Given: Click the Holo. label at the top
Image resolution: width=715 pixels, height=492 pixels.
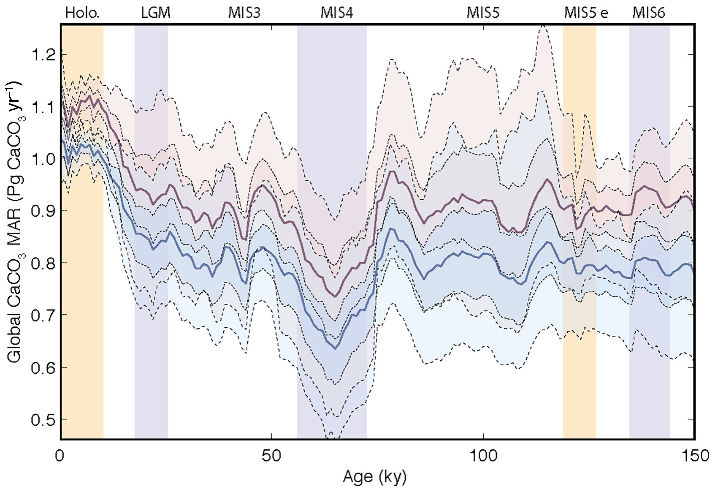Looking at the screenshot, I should pos(82,13).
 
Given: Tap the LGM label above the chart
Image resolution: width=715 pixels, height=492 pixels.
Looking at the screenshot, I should pos(156,13).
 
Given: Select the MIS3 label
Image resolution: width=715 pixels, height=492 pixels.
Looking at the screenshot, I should pos(244,13).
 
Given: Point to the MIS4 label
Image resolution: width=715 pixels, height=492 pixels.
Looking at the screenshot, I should pos(336,13).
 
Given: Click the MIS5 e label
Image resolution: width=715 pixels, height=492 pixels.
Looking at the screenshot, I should pos(586,13).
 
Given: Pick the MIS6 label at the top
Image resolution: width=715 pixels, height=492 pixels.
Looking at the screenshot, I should pos(648,13).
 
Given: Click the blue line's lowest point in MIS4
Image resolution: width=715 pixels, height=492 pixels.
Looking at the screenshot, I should pos(336,348).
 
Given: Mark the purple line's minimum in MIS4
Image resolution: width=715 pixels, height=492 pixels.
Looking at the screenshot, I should pos(335,297).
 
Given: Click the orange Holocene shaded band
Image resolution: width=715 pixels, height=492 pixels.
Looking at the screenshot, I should pos(82,296).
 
